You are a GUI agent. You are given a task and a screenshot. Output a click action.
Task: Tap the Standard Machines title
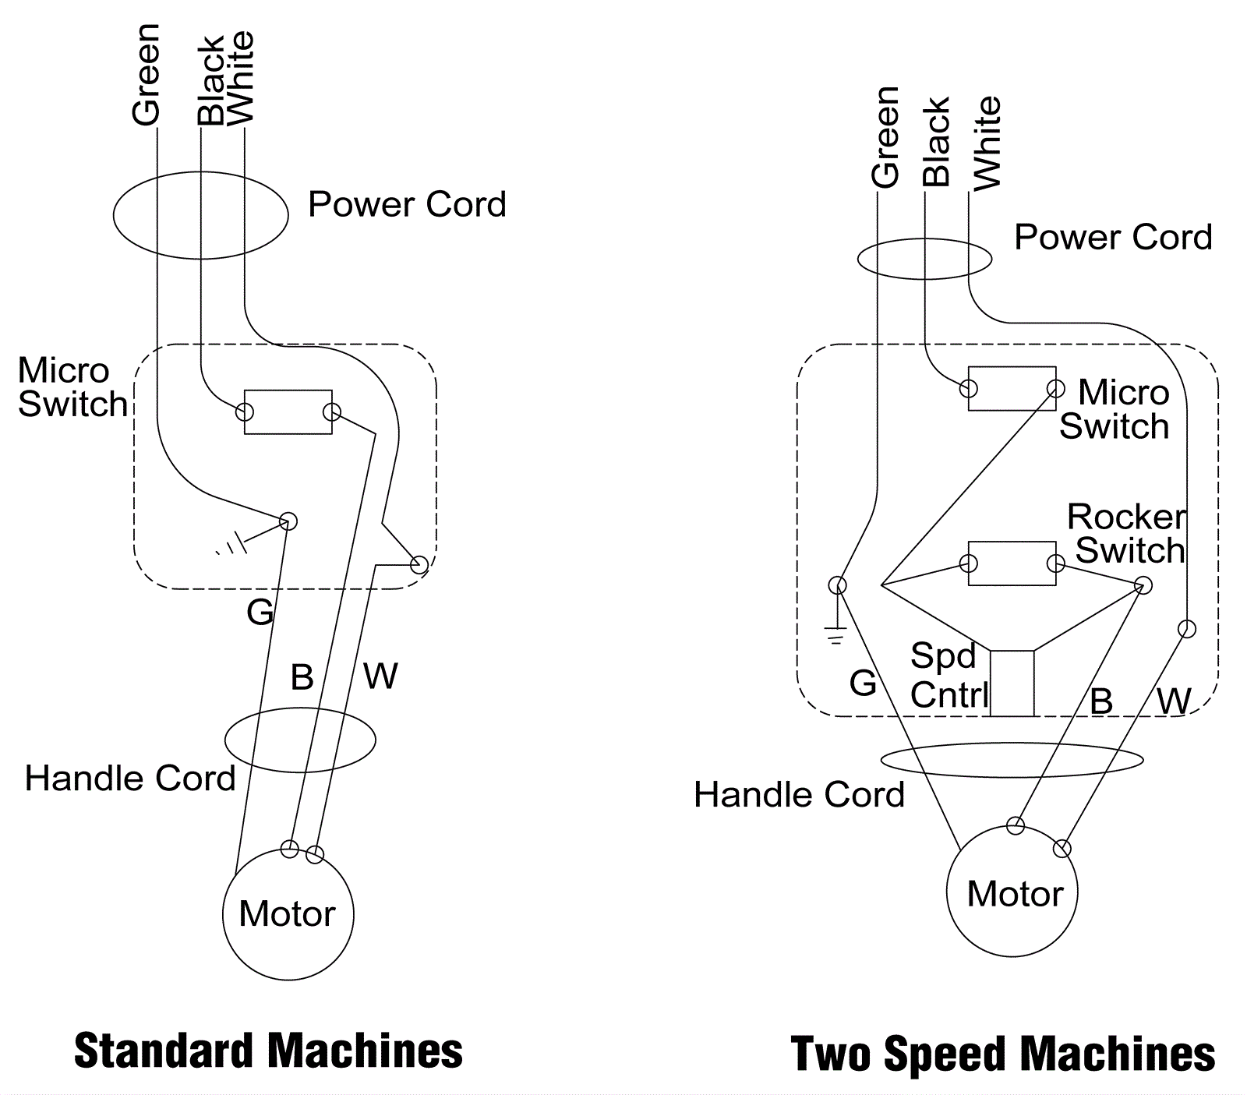268,1051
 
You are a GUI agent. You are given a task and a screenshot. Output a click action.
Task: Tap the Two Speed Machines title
1002,1054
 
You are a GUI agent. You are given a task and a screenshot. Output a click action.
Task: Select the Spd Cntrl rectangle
1012,683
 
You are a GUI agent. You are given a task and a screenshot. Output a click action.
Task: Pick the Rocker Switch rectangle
1012,563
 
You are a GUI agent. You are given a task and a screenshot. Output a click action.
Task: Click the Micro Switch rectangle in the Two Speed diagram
1012,388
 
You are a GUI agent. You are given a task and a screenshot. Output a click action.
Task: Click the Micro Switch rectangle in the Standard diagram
288,412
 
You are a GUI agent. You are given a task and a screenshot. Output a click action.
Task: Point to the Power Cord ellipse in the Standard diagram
201,215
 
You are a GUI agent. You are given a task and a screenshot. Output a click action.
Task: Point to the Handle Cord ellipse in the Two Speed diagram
1012,760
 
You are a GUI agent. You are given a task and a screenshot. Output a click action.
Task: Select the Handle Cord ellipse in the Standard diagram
300,740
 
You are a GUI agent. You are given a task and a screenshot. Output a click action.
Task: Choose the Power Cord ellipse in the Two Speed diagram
924,259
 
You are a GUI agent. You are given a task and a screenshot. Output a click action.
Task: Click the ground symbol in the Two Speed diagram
835,636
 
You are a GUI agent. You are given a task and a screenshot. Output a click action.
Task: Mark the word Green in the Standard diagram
147,75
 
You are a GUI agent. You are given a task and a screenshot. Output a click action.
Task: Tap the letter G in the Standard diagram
260,612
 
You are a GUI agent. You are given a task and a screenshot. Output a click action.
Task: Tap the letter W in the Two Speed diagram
1174,701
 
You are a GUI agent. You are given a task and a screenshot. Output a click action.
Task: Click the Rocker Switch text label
1127,533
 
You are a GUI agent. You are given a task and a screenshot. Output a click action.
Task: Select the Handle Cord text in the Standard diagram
130,778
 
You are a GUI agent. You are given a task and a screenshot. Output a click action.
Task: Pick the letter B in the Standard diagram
302,676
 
